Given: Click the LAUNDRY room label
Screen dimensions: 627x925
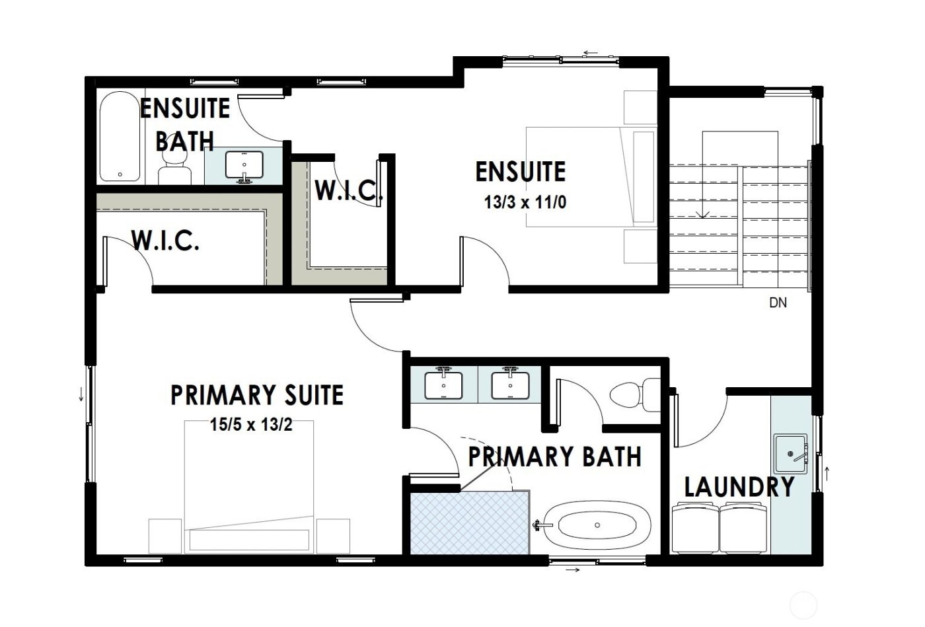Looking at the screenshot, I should (739, 487).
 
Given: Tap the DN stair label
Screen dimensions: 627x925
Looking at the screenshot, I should (778, 303).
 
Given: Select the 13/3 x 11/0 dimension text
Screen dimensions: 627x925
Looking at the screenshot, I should (525, 202).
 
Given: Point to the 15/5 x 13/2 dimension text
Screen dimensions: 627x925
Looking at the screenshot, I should (251, 425).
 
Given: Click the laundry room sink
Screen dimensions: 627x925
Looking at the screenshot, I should (791, 454).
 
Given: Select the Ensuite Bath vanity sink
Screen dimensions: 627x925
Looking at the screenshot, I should (244, 165).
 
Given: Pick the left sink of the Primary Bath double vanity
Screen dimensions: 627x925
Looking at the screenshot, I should (443, 384).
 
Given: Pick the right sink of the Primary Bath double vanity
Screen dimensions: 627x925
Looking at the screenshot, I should (509, 384).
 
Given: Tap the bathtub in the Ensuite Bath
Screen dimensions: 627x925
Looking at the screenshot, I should (120, 137).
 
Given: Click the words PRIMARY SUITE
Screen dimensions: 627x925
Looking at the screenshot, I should (257, 395).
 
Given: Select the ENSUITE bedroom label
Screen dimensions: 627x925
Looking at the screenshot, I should (521, 172).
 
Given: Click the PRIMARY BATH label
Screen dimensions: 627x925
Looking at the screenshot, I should (555, 456).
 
